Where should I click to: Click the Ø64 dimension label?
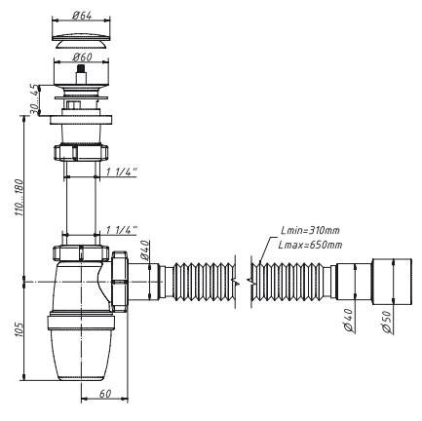coord(82,16)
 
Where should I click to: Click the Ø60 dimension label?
coord(82,57)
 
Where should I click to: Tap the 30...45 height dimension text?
coord(34,99)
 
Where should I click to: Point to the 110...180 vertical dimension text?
coord(19,198)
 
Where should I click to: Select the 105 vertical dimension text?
coord(19,329)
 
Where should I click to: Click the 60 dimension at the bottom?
coord(105,394)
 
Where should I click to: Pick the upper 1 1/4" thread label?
coord(122,172)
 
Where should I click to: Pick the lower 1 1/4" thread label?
coord(122,230)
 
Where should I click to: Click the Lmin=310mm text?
coord(310,230)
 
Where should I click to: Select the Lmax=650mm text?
coord(310,245)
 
